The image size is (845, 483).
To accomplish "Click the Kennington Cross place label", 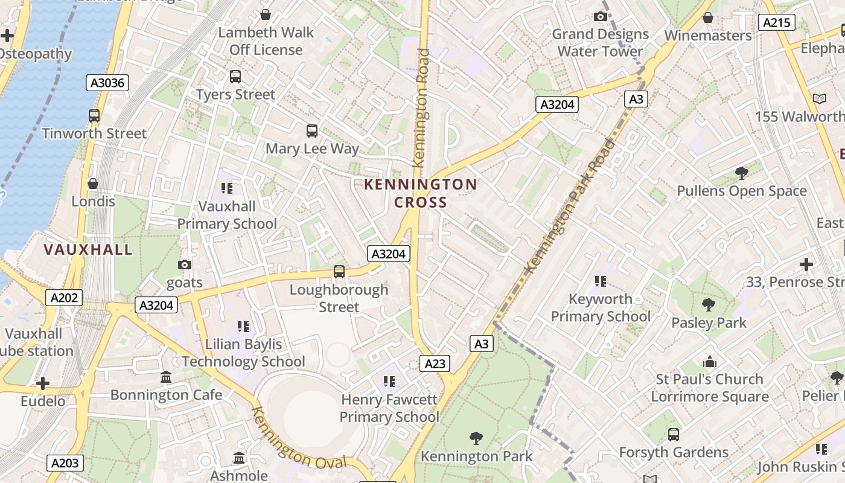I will pos(421,193).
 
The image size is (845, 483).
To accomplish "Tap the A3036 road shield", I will pos(108,83).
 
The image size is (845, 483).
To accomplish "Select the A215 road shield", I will pos(776,23).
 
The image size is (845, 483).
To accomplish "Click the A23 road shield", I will pos(435,363).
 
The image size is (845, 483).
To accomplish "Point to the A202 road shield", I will pos(63,297).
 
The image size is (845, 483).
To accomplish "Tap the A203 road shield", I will pos(65,463).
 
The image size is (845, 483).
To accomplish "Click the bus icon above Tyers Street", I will pos(235,77).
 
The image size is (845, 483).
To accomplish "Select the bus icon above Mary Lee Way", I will pos(312,130).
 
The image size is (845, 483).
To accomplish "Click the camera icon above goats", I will pos(185,264).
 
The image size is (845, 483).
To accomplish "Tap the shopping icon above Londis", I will pos(93,183).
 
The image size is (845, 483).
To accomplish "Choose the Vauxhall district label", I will pos(88,249).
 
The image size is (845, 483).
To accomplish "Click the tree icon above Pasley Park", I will pos(709,305).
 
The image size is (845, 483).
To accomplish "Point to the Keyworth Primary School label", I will pos(601,307).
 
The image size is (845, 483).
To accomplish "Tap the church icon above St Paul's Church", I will pos(710,362).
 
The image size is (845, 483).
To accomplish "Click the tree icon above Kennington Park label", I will pos(476,438).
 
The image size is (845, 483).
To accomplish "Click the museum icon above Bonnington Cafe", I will pos(166,377).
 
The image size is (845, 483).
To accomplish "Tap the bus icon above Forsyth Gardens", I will pos(674,434).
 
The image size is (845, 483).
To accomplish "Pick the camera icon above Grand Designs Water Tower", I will pos(601,16).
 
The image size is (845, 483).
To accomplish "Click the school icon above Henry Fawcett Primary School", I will pos(389,382).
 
